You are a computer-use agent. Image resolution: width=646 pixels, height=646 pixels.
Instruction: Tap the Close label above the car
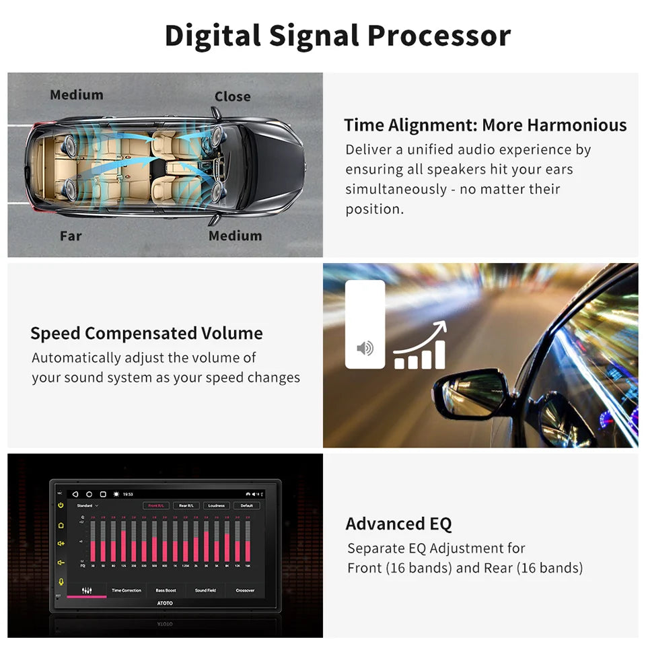[x=232, y=96]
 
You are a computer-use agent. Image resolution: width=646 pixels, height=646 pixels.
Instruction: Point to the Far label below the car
[x=71, y=236]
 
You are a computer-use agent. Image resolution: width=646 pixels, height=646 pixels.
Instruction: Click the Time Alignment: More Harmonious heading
[x=485, y=125]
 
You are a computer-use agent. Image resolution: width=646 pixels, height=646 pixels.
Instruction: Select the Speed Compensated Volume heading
[x=147, y=333]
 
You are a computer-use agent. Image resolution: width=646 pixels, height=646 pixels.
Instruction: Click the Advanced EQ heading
[x=398, y=524]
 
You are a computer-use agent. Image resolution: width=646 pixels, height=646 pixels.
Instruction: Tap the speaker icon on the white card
[x=365, y=348]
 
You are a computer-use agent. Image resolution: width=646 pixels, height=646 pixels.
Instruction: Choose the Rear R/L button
[x=186, y=505]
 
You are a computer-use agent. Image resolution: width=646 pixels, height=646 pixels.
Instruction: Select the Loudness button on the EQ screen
[x=216, y=505]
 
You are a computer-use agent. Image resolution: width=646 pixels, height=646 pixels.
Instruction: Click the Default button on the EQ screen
[x=247, y=505]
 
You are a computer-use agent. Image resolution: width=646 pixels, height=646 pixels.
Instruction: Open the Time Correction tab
[x=127, y=590]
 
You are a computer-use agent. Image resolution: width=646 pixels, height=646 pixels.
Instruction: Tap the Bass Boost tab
[x=166, y=590]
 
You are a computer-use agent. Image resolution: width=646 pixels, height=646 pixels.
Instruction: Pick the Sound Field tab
[x=205, y=590]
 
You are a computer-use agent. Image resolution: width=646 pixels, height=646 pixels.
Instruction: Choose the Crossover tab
[x=245, y=590]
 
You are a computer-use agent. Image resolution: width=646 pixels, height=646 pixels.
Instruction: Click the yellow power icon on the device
[x=61, y=505]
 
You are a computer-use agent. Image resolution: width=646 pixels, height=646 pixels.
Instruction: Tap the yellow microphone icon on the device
[x=61, y=581]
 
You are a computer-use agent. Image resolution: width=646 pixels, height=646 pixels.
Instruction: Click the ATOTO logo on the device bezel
[x=165, y=603]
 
